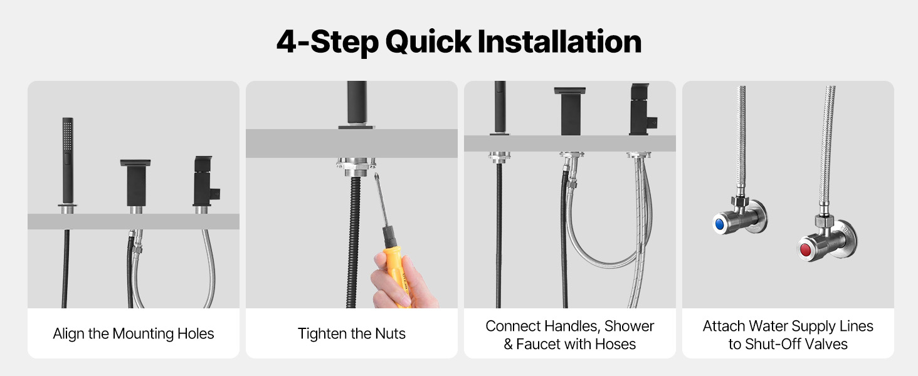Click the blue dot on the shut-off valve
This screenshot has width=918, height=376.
pyautogui.click(x=719, y=224)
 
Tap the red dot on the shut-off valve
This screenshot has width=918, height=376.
pyautogui.click(x=805, y=250)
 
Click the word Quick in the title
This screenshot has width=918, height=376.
pyautogui.click(x=428, y=42)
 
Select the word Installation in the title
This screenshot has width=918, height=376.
pyautogui.click(x=559, y=42)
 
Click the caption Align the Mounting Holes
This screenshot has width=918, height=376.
pyautogui.click(x=133, y=334)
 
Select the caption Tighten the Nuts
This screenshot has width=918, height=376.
pyautogui.click(x=351, y=334)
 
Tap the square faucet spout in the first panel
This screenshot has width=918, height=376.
pyautogui.click(x=135, y=182)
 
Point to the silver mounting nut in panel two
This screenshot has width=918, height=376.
pyautogui.click(x=356, y=167)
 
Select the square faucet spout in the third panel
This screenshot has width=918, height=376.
pyautogui.click(x=570, y=110)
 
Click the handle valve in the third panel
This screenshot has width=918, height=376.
pyautogui.click(x=642, y=110)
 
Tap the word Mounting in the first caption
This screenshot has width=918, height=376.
pyautogui.click(x=143, y=334)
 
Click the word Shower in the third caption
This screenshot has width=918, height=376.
pyautogui.click(x=629, y=326)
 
